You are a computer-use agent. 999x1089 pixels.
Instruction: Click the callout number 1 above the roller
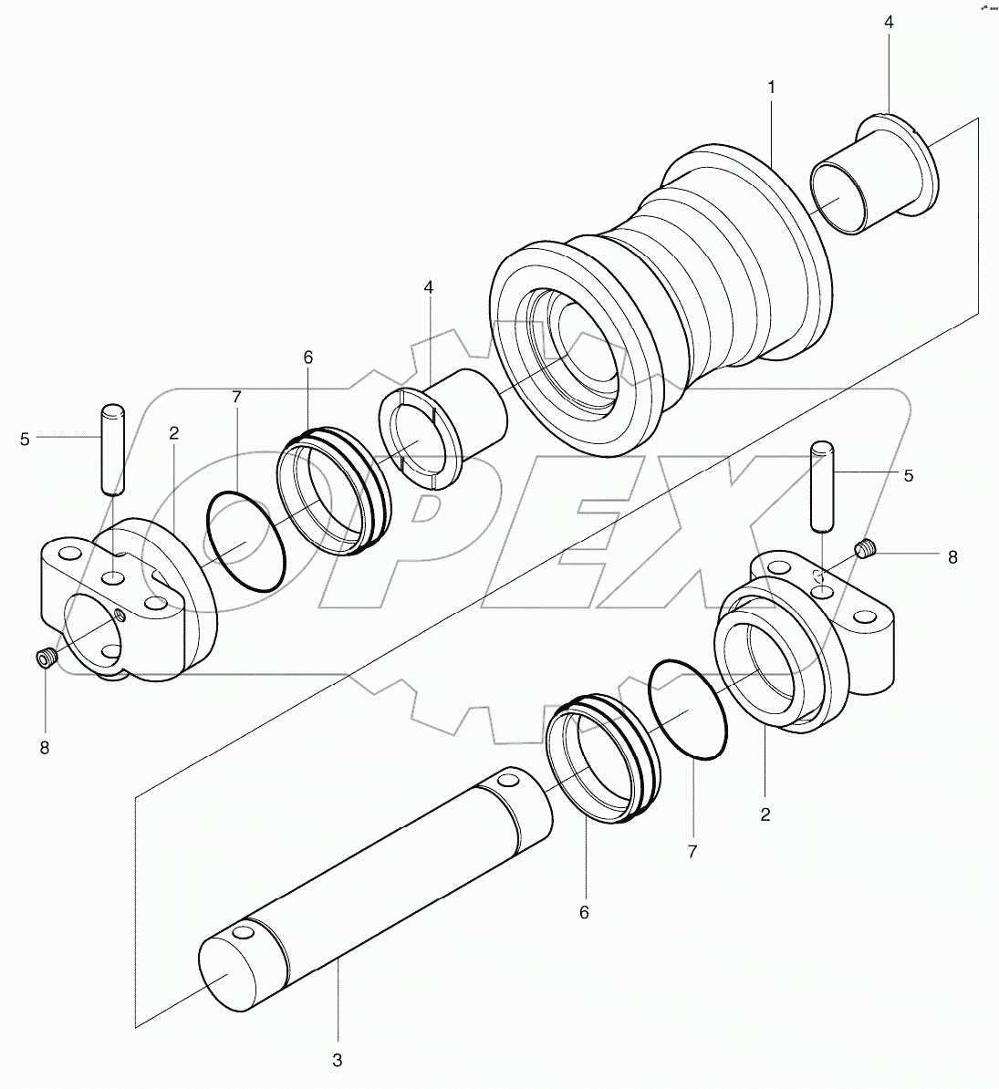771,88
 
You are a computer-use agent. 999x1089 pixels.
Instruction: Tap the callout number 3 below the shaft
338,1060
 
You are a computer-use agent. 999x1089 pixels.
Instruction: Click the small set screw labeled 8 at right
866,549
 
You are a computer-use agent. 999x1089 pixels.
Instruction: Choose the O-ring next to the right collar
689,708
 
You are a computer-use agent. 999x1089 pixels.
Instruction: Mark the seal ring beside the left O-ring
333,493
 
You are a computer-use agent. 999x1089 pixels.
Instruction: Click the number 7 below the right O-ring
692,851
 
